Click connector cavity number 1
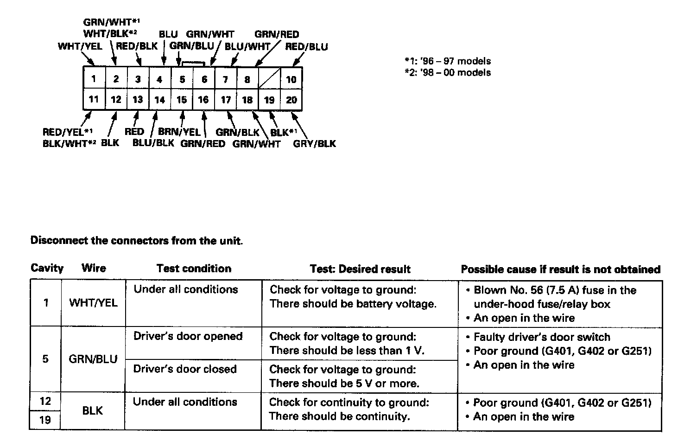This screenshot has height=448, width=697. pyautogui.click(x=94, y=78)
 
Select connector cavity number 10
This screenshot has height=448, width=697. pyautogui.click(x=291, y=79)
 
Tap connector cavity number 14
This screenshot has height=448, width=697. pyautogui.click(x=159, y=100)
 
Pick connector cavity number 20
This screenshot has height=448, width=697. pyautogui.click(x=291, y=100)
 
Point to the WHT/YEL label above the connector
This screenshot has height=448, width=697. pyautogui.click(x=80, y=46)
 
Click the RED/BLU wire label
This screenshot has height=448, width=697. pyautogui.click(x=306, y=47)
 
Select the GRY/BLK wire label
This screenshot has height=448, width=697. pyautogui.click(x=314, y=144)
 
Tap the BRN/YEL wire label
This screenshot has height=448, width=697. pyautogui.click(x=179, y=132)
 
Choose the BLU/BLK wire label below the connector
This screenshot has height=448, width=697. pyautogui.click(x=153, y=143)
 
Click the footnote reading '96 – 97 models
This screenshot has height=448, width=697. pyautogui.click(x=448, y=61)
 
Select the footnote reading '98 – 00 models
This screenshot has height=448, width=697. pyautogui.click(x=448, y=72)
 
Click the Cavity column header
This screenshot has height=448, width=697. pyautogui.click(x=47, y=268)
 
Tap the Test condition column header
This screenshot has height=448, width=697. pyautogui.click(x=194, y=269)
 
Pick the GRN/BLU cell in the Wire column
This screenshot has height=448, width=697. pyautogui.click(x=93, y=359)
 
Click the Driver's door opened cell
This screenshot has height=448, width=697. pyautogui.click(x=188, y=336)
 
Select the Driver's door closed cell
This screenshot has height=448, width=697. pyautogui.click(x=185, y=369)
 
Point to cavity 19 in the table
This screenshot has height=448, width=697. pyautogui.click(x=45, y=420)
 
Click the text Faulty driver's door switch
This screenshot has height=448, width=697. pyautogui.click(x=542, y=337)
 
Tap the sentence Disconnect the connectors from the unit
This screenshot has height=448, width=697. pyautogui.click(x=136, y=241)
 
